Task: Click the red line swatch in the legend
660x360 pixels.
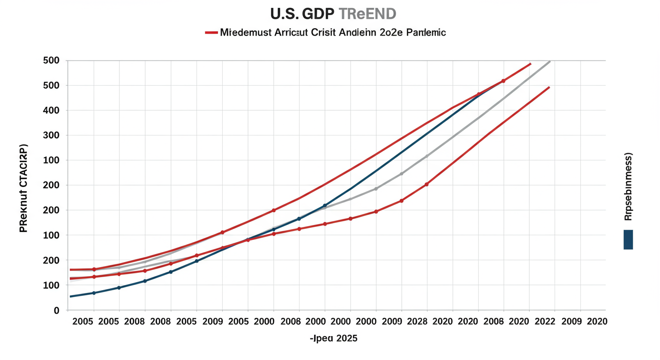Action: coord(211,33)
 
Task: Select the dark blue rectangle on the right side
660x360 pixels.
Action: coord(628,240)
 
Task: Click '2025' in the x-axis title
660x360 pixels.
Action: coord(346,338)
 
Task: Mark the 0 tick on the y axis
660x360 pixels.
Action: coord(56,311)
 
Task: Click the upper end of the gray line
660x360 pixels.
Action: coord(549,61)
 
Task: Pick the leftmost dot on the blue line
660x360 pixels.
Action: coord(94,293)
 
